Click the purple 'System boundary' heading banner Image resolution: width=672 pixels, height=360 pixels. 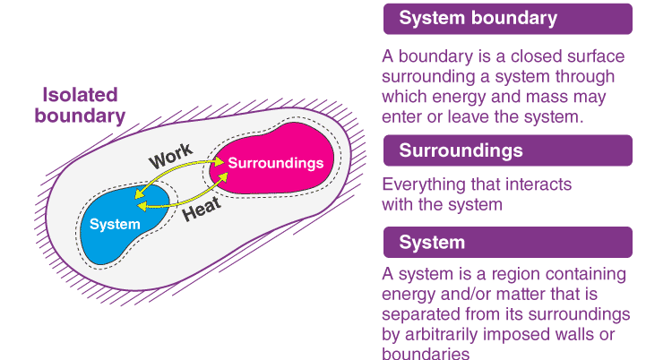point(507,19)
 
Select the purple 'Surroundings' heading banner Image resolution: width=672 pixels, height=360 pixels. point(507,150)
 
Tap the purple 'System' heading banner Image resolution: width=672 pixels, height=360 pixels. point(507,243)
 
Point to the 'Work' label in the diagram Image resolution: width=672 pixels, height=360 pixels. point(170,158)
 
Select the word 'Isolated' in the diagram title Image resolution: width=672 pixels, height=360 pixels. point(81,95)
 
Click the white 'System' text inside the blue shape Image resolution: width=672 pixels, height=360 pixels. point(115,223)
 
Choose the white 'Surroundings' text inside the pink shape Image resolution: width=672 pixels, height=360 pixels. point(275,163)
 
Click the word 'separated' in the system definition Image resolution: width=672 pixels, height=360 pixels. point(421,314)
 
